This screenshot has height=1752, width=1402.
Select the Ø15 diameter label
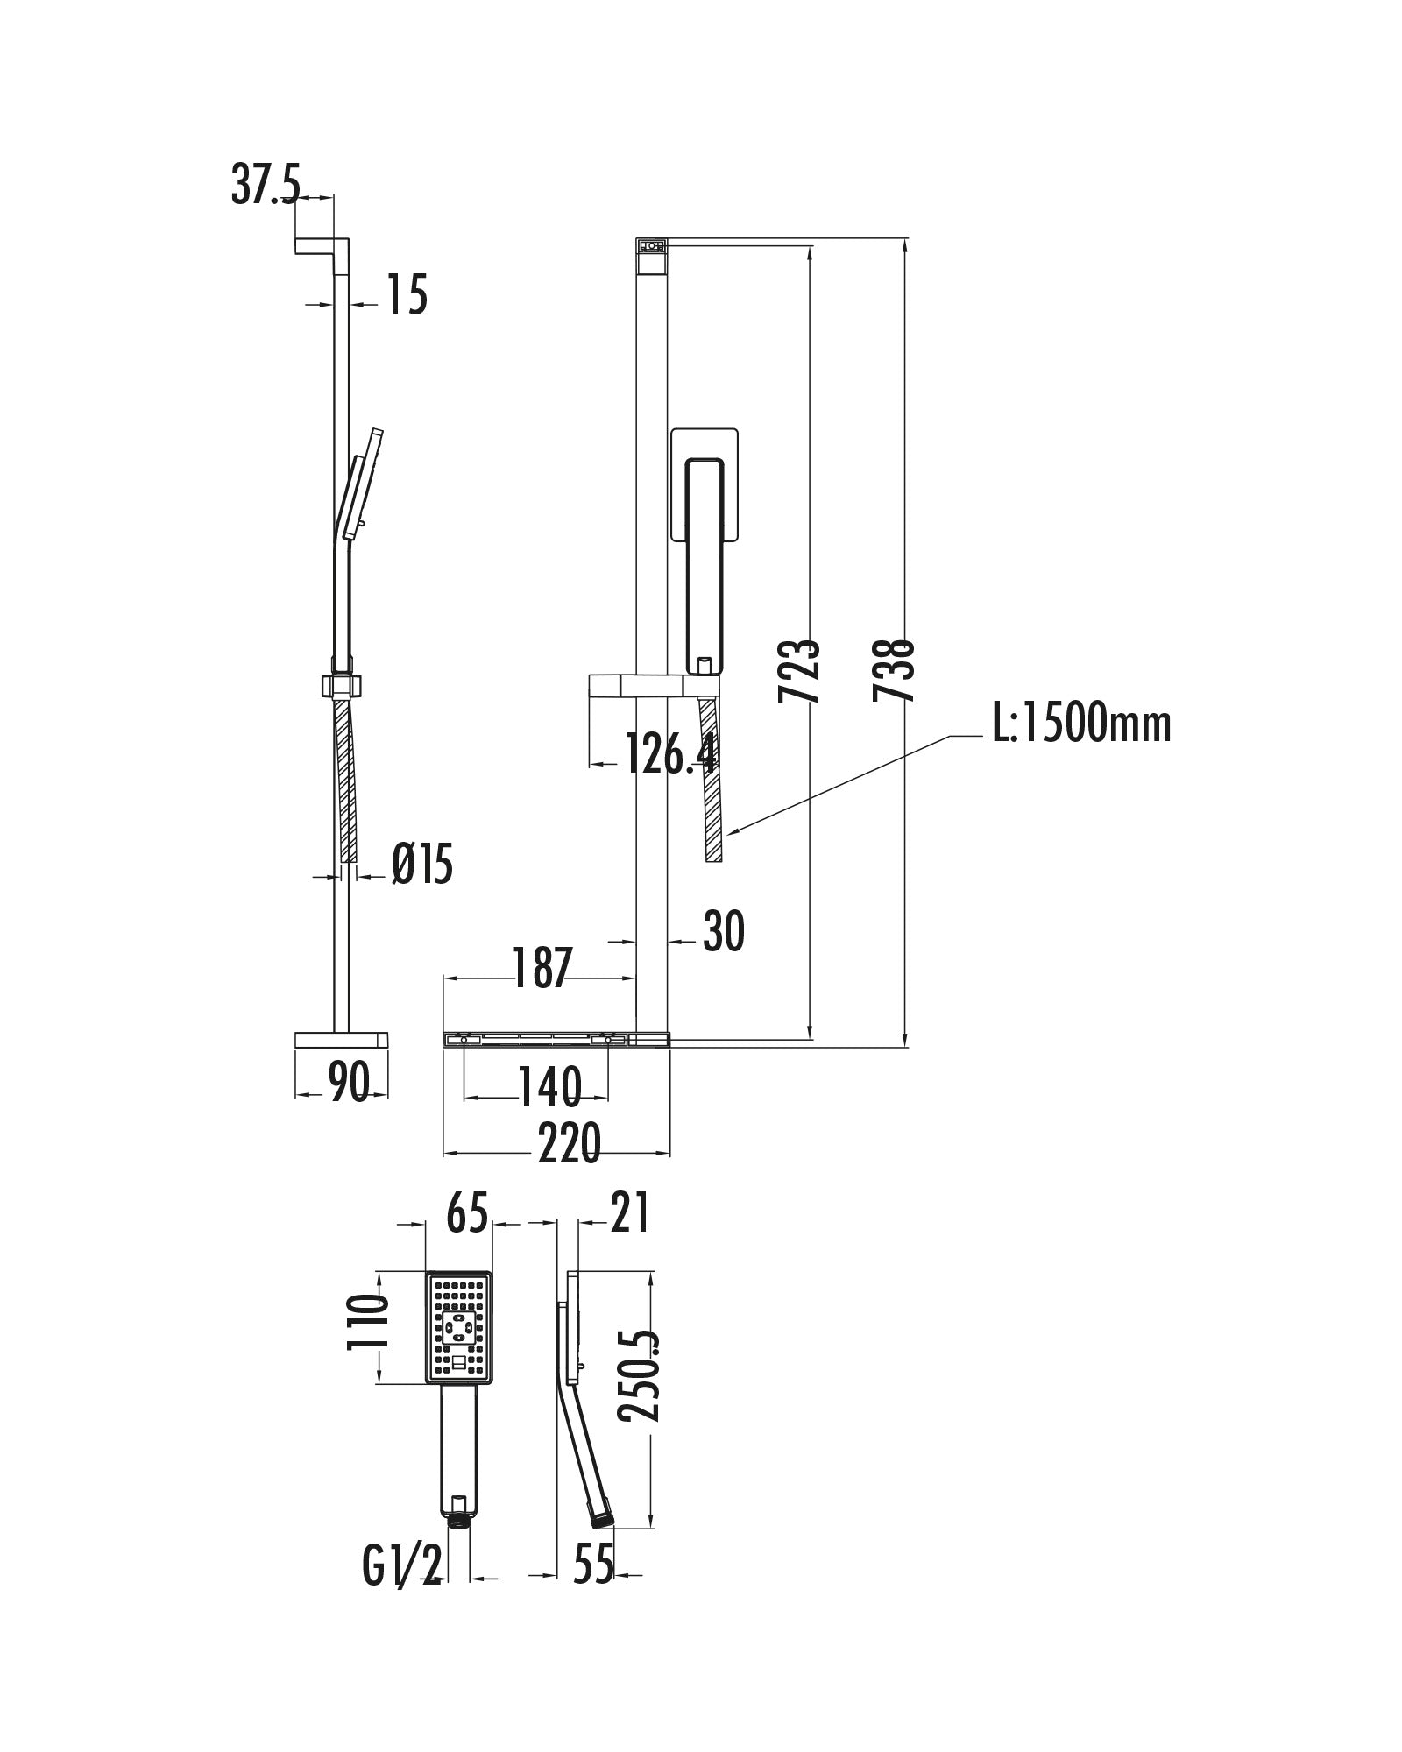[x=422, y=865]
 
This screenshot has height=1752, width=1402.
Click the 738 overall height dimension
[x=895, y=671]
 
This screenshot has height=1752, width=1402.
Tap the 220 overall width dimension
[x=570, y=1143]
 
